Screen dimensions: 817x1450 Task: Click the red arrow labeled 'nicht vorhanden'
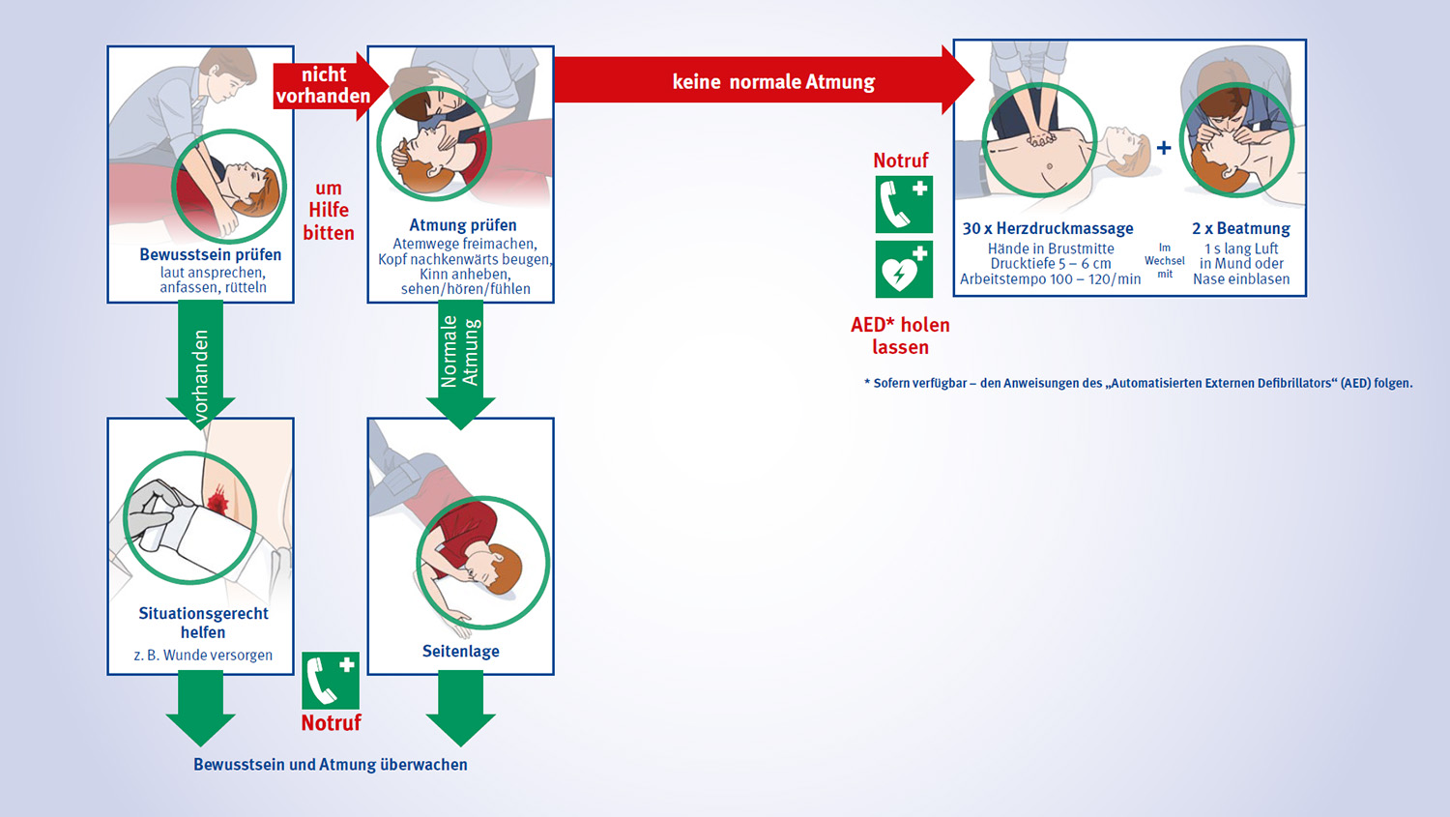[x=323, y=86]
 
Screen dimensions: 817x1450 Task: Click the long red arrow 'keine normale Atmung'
[x=764, y=81]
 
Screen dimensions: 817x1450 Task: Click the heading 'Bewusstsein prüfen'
[x=210, y=254]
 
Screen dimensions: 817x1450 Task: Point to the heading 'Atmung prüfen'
[x=462, y=225]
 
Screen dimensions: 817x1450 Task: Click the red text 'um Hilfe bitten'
[x=329, y=210]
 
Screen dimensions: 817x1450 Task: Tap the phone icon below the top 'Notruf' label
[x=904, y=204]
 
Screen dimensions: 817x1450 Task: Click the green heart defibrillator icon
[x=904, y=269]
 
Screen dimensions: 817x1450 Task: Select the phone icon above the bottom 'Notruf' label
[x=331, y=681]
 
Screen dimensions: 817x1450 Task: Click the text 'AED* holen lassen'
[x=900, y=336]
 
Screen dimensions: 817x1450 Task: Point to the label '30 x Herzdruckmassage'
[x=1048, y=228]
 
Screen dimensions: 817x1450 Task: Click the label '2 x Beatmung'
[x=1240, y=228]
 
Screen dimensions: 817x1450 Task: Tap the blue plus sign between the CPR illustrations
[x=1164, y=148]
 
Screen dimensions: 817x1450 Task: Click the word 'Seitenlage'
[x=461, y=651]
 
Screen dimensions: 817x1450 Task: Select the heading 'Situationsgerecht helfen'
[x=203, y=623]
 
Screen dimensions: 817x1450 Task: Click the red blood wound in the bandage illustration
[x=217, y=501]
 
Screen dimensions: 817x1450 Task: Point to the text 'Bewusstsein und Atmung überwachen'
[x=330, y=764]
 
